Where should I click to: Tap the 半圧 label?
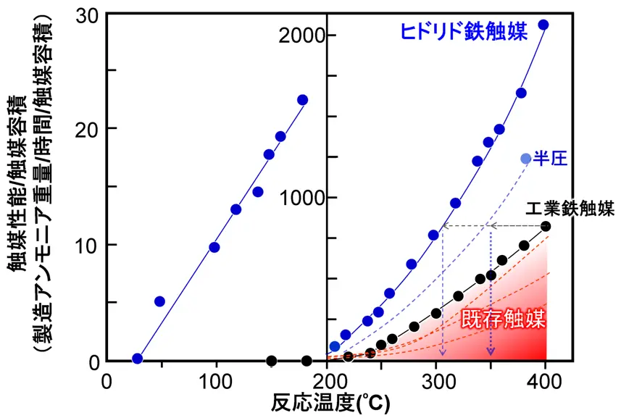[549, 159]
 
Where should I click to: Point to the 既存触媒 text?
[503, 317]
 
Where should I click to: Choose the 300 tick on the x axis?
[436, 380]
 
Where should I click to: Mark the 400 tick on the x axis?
[546, 380]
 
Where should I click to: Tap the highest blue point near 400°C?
[543, 25]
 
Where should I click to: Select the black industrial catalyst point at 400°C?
[546, 227]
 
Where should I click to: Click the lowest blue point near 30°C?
[137, 359]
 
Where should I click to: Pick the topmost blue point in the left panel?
[303, 100]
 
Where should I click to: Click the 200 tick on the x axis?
[328, 380]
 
